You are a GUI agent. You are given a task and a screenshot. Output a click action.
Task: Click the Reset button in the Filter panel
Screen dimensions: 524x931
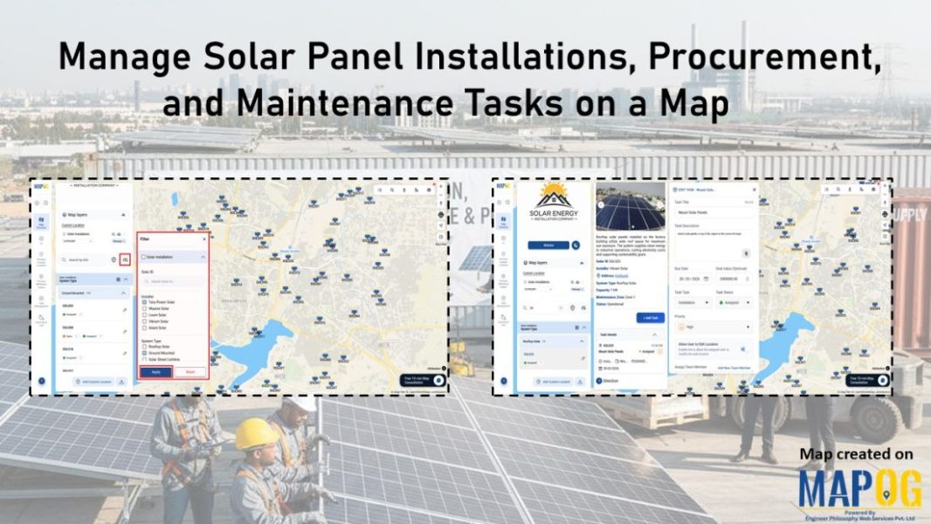tap(190, 371)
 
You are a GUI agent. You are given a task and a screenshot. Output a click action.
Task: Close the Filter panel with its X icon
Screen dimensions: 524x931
tap(204, 238)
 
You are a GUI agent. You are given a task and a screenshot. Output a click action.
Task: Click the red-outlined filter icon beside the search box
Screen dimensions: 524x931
tap(125, 259)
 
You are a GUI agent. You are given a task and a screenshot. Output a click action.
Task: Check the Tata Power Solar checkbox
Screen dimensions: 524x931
tap(144, 301)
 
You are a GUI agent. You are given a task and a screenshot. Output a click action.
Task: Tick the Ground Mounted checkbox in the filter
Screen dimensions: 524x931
tap(144, 353)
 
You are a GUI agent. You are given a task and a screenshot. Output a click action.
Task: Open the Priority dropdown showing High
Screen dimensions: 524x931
tap(713, 326)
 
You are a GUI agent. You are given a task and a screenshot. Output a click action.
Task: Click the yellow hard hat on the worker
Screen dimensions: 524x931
tap(257, 433)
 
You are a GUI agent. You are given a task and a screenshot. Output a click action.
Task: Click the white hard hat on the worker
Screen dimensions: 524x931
tap(302, 403)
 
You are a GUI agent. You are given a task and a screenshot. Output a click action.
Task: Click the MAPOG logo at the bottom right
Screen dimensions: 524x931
tap(859, 489)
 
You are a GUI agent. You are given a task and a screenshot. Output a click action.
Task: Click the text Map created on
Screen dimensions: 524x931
tap(856, 454)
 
